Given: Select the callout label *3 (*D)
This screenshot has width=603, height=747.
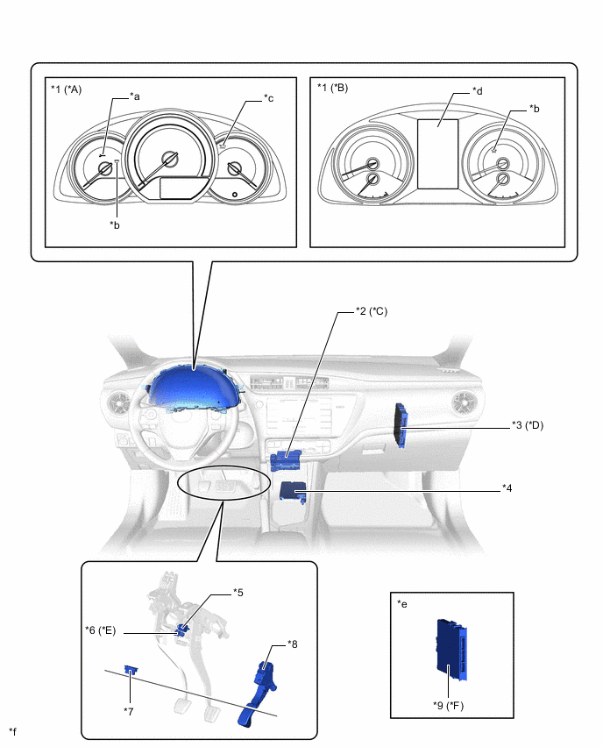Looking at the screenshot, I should [528, 425].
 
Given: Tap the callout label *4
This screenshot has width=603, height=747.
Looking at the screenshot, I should [507, 487].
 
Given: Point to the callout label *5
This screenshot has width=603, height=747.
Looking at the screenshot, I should [238, 593].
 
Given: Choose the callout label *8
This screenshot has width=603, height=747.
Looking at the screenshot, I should [293, 644].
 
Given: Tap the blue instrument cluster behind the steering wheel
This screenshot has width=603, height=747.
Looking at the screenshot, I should [193, 387].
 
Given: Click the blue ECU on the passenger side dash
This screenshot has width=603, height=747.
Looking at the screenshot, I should [402, 424].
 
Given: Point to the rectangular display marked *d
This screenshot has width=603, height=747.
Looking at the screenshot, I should [437, 153].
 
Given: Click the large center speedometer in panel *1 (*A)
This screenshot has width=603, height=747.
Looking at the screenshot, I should [169, 159].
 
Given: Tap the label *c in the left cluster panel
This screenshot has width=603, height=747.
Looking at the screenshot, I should [268, 98].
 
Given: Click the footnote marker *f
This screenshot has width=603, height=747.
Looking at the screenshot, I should [12, 730].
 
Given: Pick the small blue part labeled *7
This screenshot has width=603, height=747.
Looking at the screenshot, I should [131, 670].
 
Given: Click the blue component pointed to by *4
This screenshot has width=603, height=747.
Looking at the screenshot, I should [292, 490].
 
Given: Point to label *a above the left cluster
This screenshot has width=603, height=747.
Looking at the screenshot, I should [135, 96].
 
